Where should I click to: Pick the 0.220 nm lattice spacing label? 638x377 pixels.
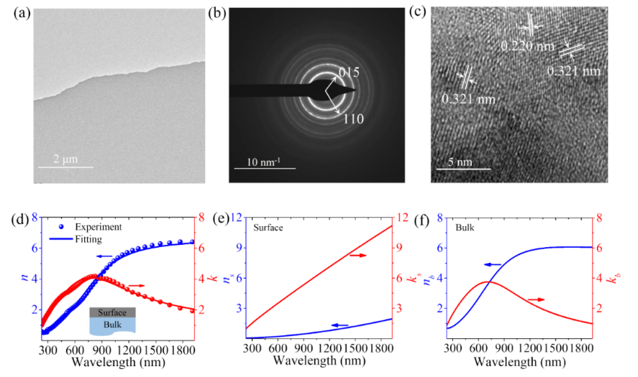(527, 47)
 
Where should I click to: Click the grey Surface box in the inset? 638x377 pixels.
(109, 312)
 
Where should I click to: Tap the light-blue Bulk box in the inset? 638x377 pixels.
(109, 325)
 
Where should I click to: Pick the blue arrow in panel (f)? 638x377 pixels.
(493, 265)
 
